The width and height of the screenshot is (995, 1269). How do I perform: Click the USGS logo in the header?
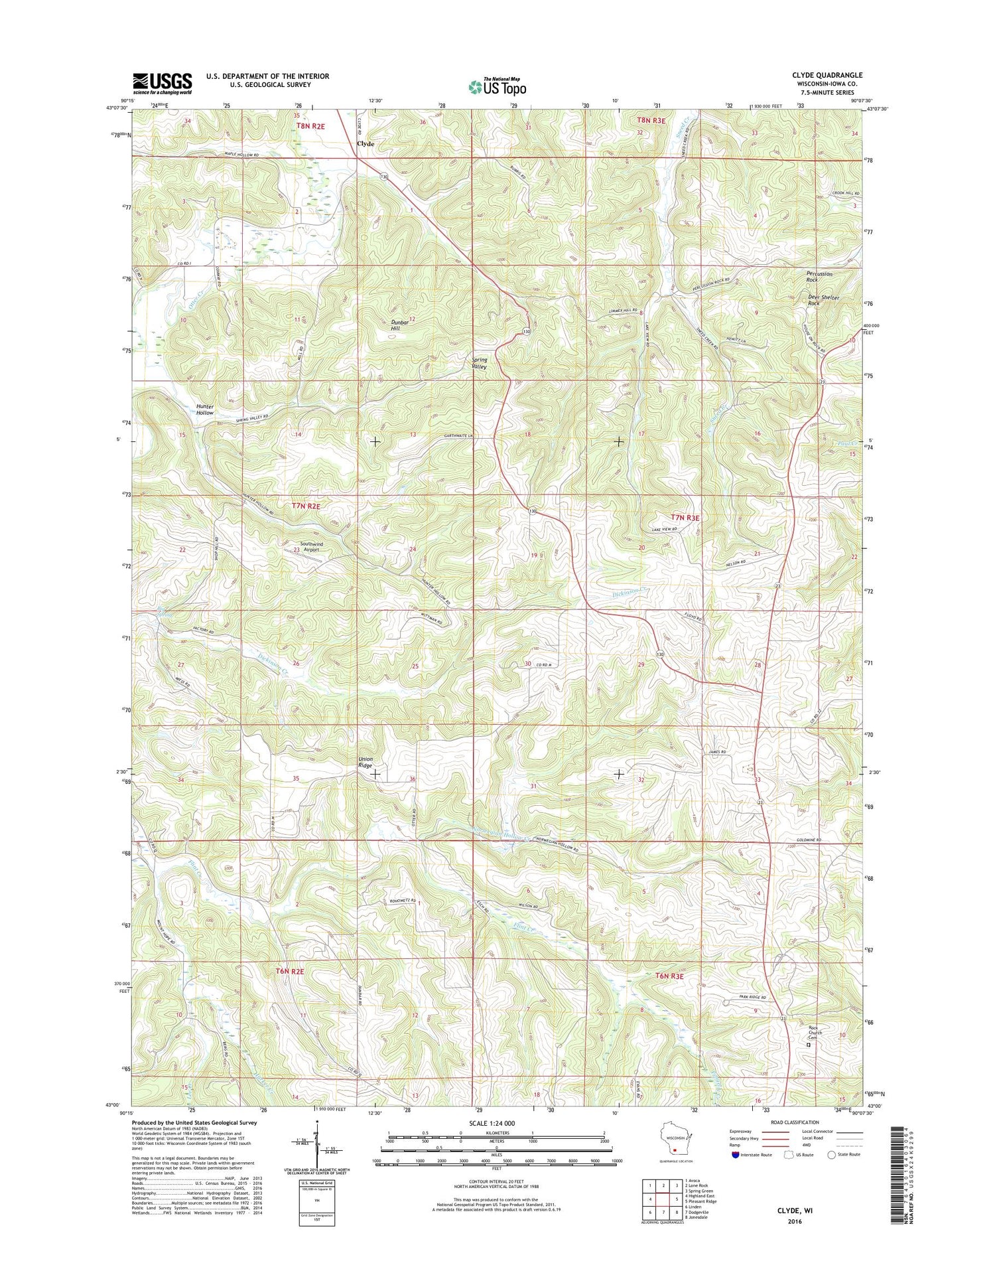tap(163, 84)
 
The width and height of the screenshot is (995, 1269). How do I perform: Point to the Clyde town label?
tap(365, 143)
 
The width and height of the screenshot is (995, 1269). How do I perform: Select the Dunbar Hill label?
tap(399, 325)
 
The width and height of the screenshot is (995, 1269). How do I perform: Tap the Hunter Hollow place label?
tap(204, 410)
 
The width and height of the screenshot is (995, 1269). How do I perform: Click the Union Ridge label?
tap(365, 762)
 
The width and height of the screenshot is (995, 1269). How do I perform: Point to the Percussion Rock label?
tap(819, 277)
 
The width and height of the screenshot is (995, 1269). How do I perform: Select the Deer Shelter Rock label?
tap(823, 301)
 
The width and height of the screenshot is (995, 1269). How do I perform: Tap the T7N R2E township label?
tap(306, 506)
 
